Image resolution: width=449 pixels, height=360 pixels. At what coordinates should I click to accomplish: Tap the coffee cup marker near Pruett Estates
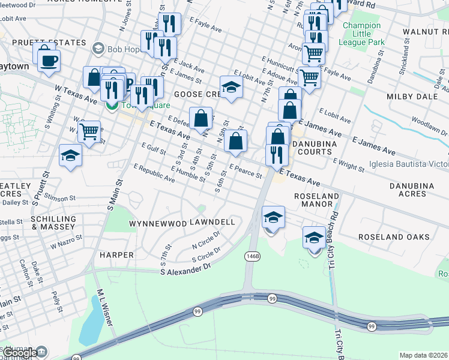pos(48,59)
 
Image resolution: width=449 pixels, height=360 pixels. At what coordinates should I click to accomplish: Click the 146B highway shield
pos(253,256)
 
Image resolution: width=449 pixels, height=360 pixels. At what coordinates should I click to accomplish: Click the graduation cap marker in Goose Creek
pos(231,87)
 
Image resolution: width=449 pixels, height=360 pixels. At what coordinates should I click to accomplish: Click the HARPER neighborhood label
pos(116,255)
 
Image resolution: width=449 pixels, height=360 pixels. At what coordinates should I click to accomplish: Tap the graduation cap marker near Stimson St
pos(70,156)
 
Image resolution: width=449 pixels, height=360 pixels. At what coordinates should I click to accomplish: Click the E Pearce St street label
pos(246,172)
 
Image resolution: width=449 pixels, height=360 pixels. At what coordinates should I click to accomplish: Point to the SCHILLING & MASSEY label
pos(54,223)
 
